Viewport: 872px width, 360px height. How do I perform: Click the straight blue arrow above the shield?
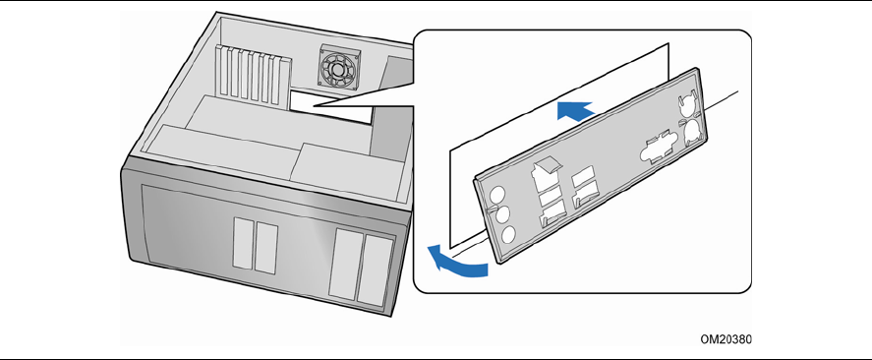pyautogui.click(x=575, y=111)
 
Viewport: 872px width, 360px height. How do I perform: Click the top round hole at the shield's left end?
pyautogui.click(x=497, y=195)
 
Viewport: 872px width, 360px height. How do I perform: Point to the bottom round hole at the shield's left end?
pyautogui.click(x=508, y=235)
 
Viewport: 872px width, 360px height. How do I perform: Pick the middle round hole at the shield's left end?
pyautogui.click(x=502, y=214)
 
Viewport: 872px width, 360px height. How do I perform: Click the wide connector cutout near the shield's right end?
pyautogui.click(x=658, y=147)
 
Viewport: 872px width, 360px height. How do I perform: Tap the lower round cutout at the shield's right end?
pyautogui.click(x=692, y=132)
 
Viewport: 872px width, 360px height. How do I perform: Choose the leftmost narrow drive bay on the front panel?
pyautogui.click(x=243, y=243)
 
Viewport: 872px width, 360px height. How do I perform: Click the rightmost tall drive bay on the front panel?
pyautogui.click(x=376, y=270)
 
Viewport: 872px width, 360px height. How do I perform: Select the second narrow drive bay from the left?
pyautogui.click(x=266, y=248)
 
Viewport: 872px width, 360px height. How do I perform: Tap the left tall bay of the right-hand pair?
pyautogui.click(x=345, y=263)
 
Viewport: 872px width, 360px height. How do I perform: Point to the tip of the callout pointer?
pyautogui.click(x=313, y=105)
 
